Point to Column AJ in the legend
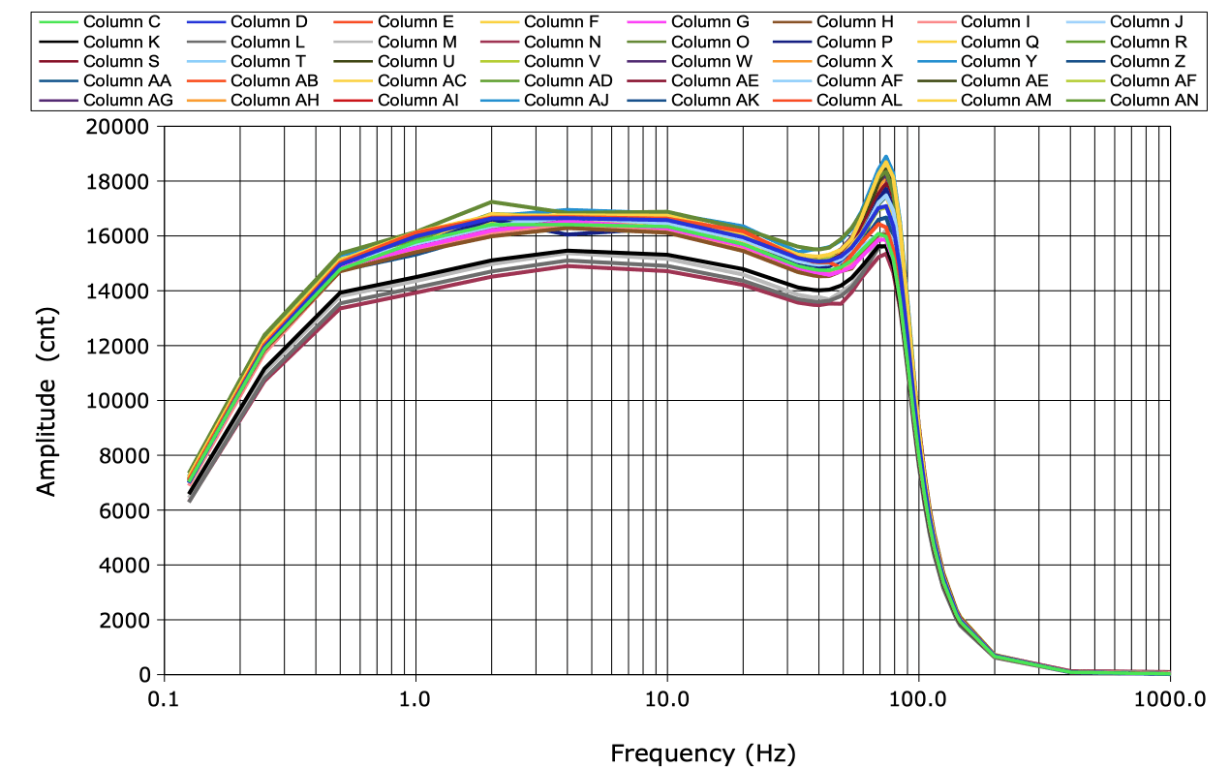(567, 100)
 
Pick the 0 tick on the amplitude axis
(145, 675)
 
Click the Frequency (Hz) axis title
(703, 753)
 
